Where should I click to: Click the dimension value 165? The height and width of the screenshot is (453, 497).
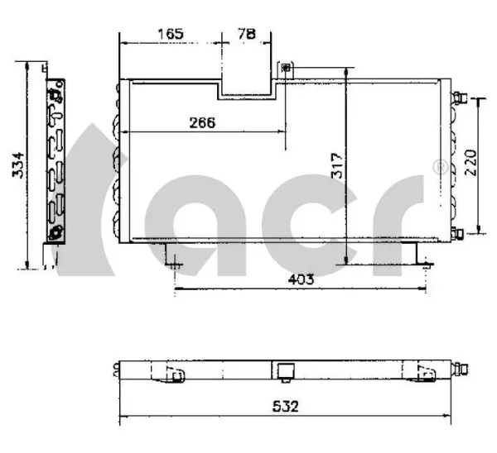coord(171,34)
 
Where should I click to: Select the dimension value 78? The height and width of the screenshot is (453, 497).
coord(247,34)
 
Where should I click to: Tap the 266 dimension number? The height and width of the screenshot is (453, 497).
coord(202,122)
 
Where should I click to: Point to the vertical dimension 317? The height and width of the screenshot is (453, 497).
coord(337,166)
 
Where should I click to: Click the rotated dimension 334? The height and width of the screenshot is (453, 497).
coord(18,165)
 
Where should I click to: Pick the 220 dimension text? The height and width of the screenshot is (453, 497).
coord(471,163)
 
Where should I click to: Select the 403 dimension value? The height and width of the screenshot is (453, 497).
coord(301,279)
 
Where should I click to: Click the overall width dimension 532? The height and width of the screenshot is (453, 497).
coord(285,406)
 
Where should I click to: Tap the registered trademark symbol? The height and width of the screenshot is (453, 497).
coord(441,168)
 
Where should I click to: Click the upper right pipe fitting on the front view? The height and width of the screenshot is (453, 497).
coord(460,98)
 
